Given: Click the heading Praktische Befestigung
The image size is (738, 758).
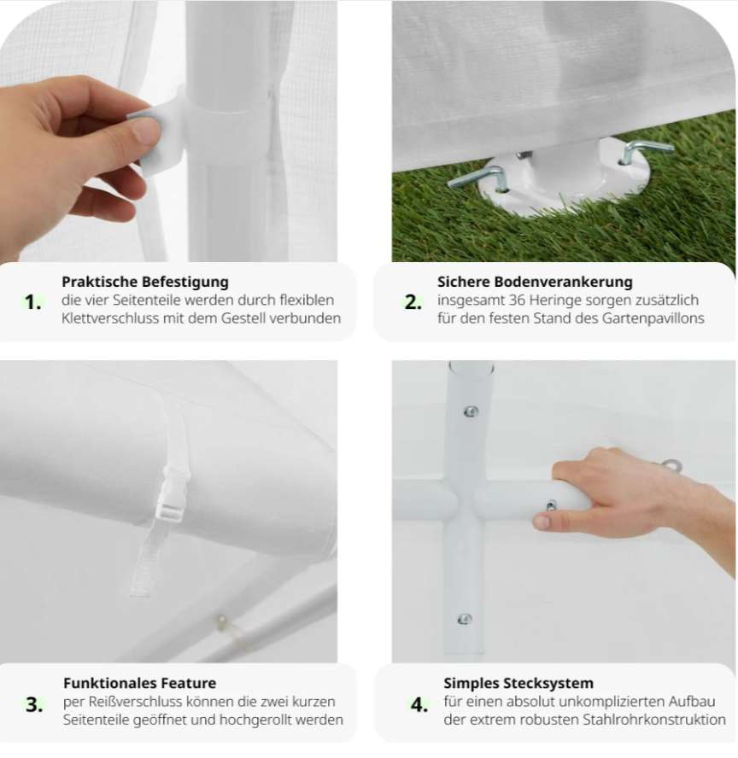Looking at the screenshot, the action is coord(145,282).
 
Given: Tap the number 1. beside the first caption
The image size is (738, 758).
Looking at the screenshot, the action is coord(32,302).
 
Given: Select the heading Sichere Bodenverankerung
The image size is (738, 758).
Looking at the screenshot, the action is coord(535,282).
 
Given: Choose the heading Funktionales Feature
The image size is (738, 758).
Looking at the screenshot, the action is coord(140,683).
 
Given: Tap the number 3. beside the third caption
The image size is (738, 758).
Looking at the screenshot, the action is coord(34,704).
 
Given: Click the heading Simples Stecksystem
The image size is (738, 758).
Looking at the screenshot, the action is coord(518,683).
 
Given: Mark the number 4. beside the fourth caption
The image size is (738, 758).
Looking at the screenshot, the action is coord(419,704).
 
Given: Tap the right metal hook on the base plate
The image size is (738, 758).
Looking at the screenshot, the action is coord(647,150).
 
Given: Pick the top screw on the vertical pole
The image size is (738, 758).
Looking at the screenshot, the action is coord(471,411).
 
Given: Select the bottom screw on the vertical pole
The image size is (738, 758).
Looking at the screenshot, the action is coord(465,619).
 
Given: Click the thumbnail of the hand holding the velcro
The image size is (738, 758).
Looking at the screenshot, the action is coord(168,131).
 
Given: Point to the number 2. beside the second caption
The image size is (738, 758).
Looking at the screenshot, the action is coord(413,302).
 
